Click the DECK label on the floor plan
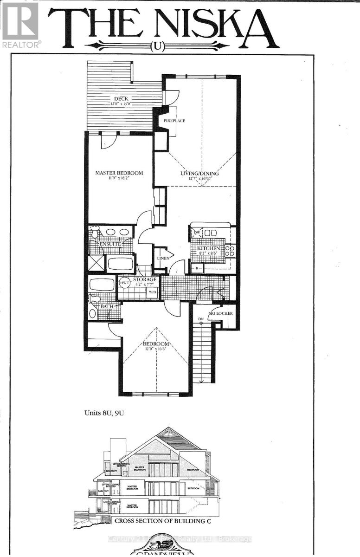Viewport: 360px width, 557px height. (x=121, y=98)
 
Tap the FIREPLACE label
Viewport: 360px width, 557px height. (x=174, y=121)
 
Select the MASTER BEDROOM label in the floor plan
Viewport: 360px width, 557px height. (x=119, y=173)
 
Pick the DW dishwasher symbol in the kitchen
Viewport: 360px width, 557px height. (x=197, y=232)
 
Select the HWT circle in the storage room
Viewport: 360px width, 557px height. (x=124, y=282)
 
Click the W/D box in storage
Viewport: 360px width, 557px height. (x=152, y=292)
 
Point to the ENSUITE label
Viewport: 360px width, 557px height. (x=109, y=244)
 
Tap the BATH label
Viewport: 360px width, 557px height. (x=107, y=306)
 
